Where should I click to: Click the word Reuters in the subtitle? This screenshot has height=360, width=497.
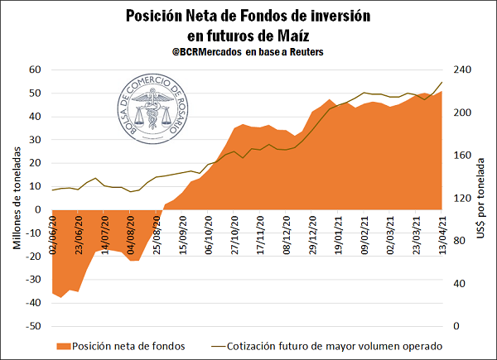coord(302,52)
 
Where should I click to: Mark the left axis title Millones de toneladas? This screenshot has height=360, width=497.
coord(16,199)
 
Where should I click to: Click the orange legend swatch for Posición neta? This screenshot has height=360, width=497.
coord(63,345)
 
